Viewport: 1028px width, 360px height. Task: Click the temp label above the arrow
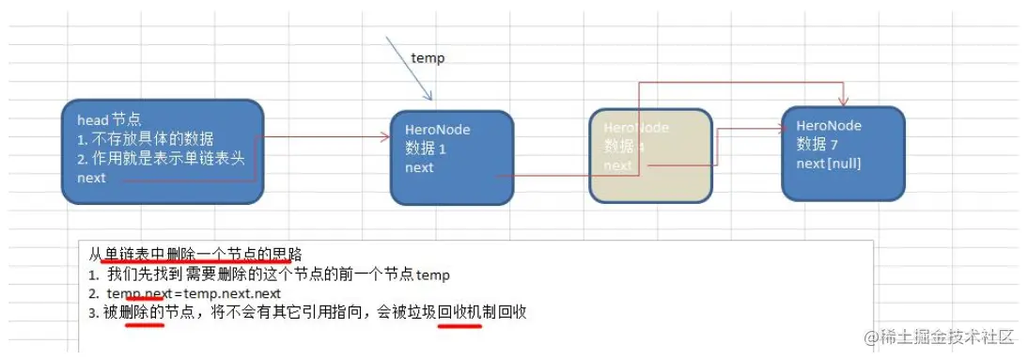click(428, 58)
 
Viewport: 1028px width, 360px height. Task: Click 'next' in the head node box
click(91, 177)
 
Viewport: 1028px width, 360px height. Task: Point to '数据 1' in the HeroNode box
click(426, 149)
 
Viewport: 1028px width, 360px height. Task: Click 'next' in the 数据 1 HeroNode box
click(419, 167)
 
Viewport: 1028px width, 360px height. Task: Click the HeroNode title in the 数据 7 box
click(828, 126)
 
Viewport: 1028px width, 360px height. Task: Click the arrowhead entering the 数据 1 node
click(384, 136)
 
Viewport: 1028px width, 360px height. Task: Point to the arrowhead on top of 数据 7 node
click(843, 101)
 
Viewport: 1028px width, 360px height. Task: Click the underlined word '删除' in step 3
click(143, 312)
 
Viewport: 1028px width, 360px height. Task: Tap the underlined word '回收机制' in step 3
click(460, 312)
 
